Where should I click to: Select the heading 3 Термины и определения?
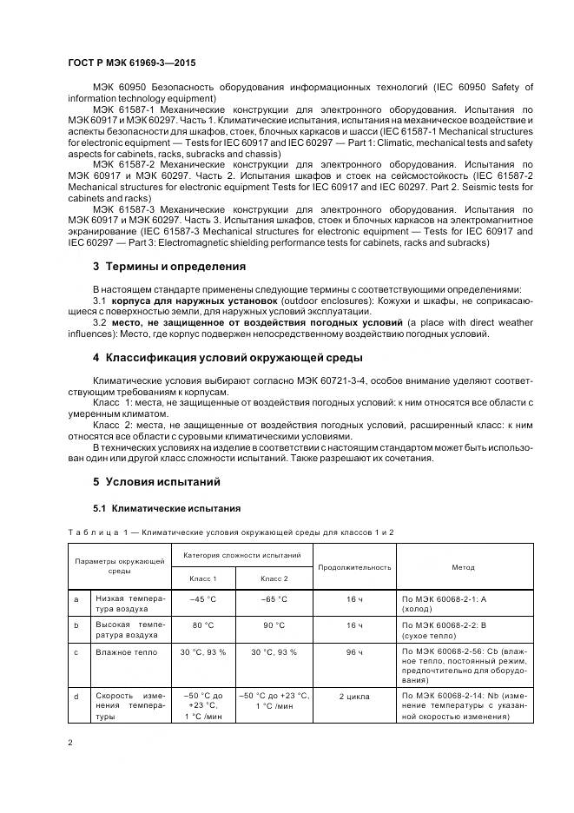[168, 267]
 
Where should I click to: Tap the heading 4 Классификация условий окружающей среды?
[228, 358]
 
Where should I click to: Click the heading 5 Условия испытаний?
[156, 481]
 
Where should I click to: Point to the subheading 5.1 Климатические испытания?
[166, 508]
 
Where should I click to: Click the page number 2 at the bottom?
[71, 743]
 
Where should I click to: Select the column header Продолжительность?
[354, 567]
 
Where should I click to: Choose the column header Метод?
[463, 567]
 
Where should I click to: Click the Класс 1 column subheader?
[203, 578]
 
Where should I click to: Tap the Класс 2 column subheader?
[274, 578]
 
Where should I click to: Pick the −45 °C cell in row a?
[203, 598]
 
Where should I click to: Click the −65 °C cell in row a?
[274, 598]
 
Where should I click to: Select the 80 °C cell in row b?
[203, 624]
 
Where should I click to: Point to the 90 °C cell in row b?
[274, 624]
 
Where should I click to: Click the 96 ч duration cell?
[354, 651]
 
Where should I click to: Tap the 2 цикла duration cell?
[354, 696]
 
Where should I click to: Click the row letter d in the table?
[77, 696]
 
